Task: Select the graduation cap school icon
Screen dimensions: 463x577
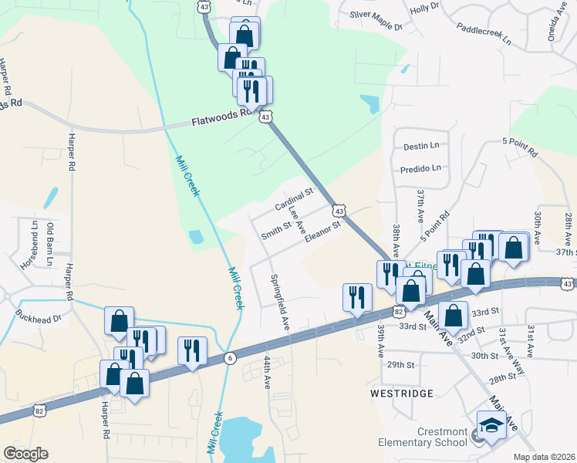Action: click(491, 425)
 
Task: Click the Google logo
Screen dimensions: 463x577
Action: click(25, 454)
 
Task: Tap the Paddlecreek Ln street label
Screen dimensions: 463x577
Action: click(484, 36)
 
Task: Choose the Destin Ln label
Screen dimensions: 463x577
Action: click(420, 145)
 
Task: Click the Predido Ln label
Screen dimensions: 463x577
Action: click(421, 167)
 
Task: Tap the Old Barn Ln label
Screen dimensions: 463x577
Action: click(52, 240)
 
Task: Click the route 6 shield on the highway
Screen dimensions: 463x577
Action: click(230, 357)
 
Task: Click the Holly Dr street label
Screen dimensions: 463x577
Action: click(424, 8)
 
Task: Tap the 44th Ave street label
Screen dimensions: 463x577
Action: click(267, 372)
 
